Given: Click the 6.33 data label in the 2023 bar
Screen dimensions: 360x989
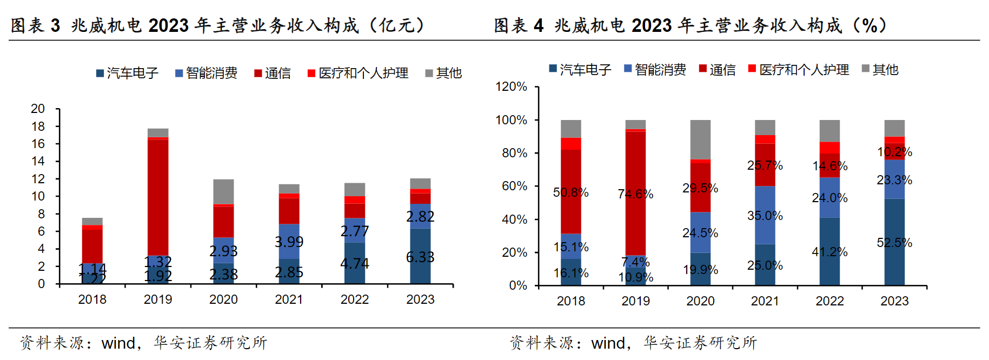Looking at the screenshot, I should click(x=420, y=257).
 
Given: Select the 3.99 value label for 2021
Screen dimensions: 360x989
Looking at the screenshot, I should click(x=289, y=242).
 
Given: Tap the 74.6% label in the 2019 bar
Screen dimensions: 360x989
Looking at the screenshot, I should click(x=635, y=194).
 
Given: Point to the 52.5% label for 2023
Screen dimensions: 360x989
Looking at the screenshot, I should click(x=894, y=243).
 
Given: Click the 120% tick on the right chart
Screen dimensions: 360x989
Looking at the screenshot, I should click(x=511, y=86).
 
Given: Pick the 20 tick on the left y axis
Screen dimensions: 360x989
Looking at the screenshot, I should click(x=38, y=109).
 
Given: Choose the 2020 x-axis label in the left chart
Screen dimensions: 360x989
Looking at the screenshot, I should click(x=223, y=299).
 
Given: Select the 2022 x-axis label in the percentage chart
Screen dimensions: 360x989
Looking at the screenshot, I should click(x=829, y=301).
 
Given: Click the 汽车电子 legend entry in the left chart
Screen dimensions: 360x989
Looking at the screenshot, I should click(x=128, y=73).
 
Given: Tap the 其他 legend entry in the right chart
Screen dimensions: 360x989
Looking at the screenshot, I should click(x=880, y=69).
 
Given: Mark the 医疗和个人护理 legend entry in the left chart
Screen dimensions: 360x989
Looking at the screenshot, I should click(x=358, y=73).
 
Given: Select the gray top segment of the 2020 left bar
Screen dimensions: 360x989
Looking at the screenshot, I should click(x=223, y=191).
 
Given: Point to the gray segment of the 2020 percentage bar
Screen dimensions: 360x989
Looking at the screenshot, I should click(x=700, y=139).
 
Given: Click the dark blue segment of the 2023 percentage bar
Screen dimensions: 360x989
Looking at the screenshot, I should click(x=894, y=259).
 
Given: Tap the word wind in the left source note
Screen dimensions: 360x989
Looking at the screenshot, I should click(x=118, y=343).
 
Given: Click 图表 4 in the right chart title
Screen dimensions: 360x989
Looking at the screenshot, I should click(x=518, y=25).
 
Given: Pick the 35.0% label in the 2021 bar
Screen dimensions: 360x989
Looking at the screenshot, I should click(x=765, y=216).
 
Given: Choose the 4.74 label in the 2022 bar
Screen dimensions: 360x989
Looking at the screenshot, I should click(x=354, y=264).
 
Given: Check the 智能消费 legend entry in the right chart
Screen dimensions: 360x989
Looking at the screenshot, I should click(x=655, y=69).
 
